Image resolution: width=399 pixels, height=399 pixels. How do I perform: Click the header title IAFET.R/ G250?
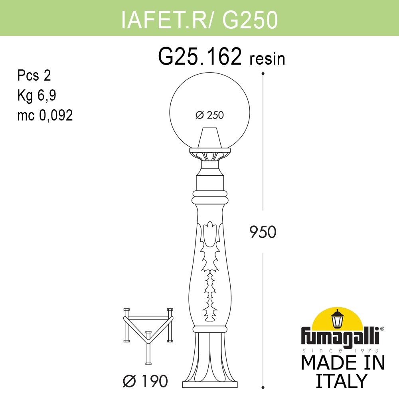(199, 20)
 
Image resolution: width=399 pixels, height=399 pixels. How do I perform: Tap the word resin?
(267, 59)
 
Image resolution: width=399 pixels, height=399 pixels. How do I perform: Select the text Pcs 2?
(34, 75)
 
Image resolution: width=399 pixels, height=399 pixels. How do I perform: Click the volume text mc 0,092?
(45, 115)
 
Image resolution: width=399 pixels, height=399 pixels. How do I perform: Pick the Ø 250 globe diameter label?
(209, 115)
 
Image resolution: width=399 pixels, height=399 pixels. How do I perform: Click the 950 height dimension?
(263, 232)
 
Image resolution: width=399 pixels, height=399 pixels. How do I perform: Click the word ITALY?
(341, 381)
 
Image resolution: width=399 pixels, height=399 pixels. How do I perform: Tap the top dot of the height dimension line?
(263, 73)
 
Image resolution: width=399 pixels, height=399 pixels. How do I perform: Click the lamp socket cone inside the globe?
(209, 138)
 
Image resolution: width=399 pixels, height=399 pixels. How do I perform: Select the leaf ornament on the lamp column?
(209, 271)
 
